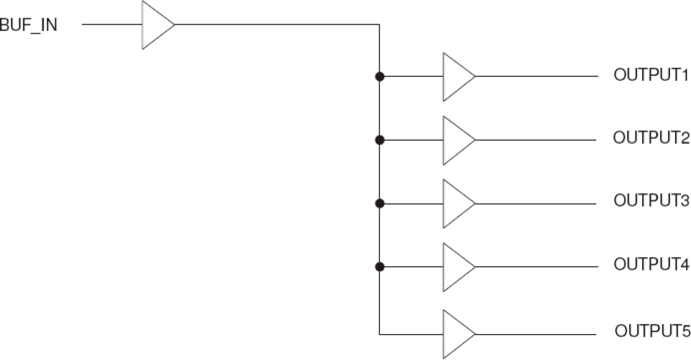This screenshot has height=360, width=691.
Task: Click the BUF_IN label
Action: coord(29,25)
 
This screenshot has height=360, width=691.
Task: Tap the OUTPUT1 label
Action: coord(651,76)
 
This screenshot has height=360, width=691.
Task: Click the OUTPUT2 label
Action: coord(651,138)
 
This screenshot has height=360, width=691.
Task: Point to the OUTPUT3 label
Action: coord(651,201)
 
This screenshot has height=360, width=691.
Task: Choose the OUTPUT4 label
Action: coord(651,265)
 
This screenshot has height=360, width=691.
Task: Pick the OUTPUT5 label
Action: coord(652,332)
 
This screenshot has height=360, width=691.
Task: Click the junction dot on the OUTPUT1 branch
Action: coord(379,77)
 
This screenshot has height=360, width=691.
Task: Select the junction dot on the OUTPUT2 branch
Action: coord(379,140)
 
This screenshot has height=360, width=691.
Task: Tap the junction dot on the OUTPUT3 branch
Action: coord(379,204)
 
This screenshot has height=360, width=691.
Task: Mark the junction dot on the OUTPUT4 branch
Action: coord(379,267)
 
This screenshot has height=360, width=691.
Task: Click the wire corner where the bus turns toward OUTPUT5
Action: coord(380,334)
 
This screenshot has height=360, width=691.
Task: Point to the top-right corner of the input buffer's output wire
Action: coord(379,25)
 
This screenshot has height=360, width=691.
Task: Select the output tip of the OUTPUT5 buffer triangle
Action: coord(475,334)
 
